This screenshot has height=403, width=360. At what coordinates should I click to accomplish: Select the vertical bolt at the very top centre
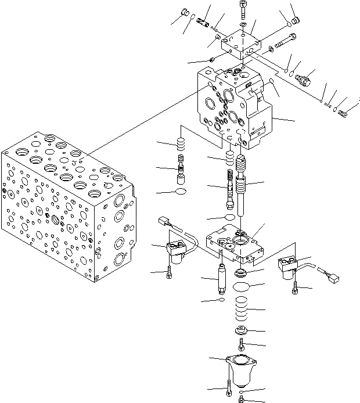(242, 8)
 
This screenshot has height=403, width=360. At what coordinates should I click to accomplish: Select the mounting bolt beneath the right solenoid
(296, 286)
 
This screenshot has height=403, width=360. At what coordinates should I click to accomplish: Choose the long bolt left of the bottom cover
(231, 387)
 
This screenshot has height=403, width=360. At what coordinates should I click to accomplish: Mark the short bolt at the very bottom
(242, 400)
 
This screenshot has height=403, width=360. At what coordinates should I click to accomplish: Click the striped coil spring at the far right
(343, 113)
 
